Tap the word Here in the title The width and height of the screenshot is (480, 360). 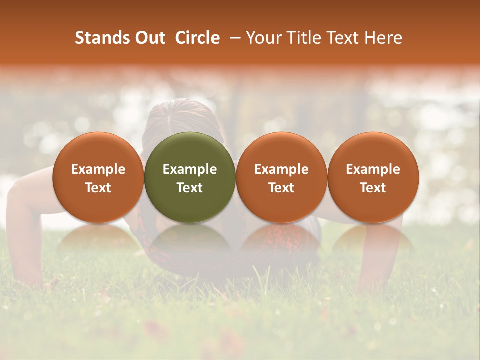tap(384, 38)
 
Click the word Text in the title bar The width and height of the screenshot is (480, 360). tap(341, 38)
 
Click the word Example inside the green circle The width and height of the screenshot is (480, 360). tap(190, 169)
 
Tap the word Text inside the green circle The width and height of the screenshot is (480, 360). tap(190, 188)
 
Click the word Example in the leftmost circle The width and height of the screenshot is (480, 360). tap(98, 169)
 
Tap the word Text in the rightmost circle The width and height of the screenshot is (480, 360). tap(373, 188)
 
